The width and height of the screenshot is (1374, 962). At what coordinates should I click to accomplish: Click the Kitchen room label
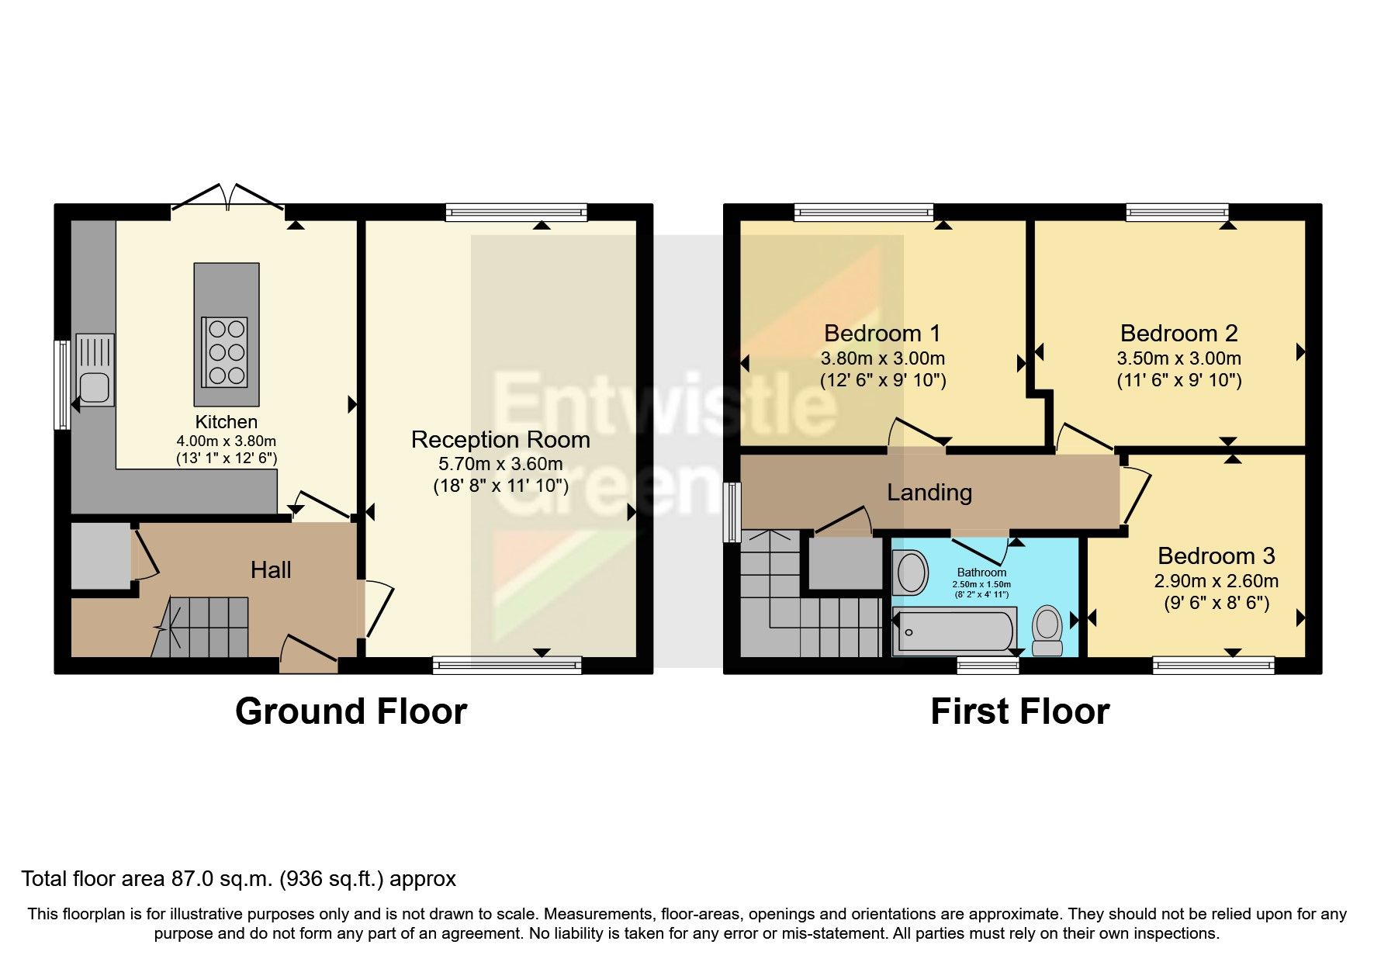pyautogui.click(x=226, y=422)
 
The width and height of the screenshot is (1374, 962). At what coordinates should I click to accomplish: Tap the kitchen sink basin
pyautogui.click(x=95, y=386)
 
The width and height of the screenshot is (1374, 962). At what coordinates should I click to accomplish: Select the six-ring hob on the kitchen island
pyautogui.click(x=226, y=352)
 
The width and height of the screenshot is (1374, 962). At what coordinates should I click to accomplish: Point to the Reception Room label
pyautogui.click(x=500, y=440)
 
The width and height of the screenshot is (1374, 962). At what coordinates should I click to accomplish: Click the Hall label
pyautogui.click(x=271, y=570)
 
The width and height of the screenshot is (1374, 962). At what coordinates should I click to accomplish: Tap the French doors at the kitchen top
pyautogui.click(x=227, y=199)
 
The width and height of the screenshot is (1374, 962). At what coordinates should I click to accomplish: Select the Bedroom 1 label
pyautogui.click(x=882, y=334)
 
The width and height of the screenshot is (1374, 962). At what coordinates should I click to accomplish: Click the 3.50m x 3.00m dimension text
pyautogui.click(x=1178, y=358)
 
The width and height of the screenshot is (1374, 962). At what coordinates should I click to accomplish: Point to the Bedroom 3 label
pyautogui.click(x=1216, y=556)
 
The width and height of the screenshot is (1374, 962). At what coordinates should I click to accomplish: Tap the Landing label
pyautogui.click(x=929, y=493)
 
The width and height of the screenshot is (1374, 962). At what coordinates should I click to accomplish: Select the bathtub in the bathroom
pyautogui.click(x=955, y=631)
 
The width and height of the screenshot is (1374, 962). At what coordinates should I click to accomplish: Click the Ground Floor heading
pyautogui.click(x=351, y=711)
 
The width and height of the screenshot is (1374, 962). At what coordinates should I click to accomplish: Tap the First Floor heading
pyautogui.click(x=1019, y=711)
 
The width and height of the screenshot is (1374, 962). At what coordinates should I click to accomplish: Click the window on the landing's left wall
pyautogui.click(x=732, y=512)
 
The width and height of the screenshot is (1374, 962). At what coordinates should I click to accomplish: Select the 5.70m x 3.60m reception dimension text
pyautogui.click(x=500, y=464)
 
